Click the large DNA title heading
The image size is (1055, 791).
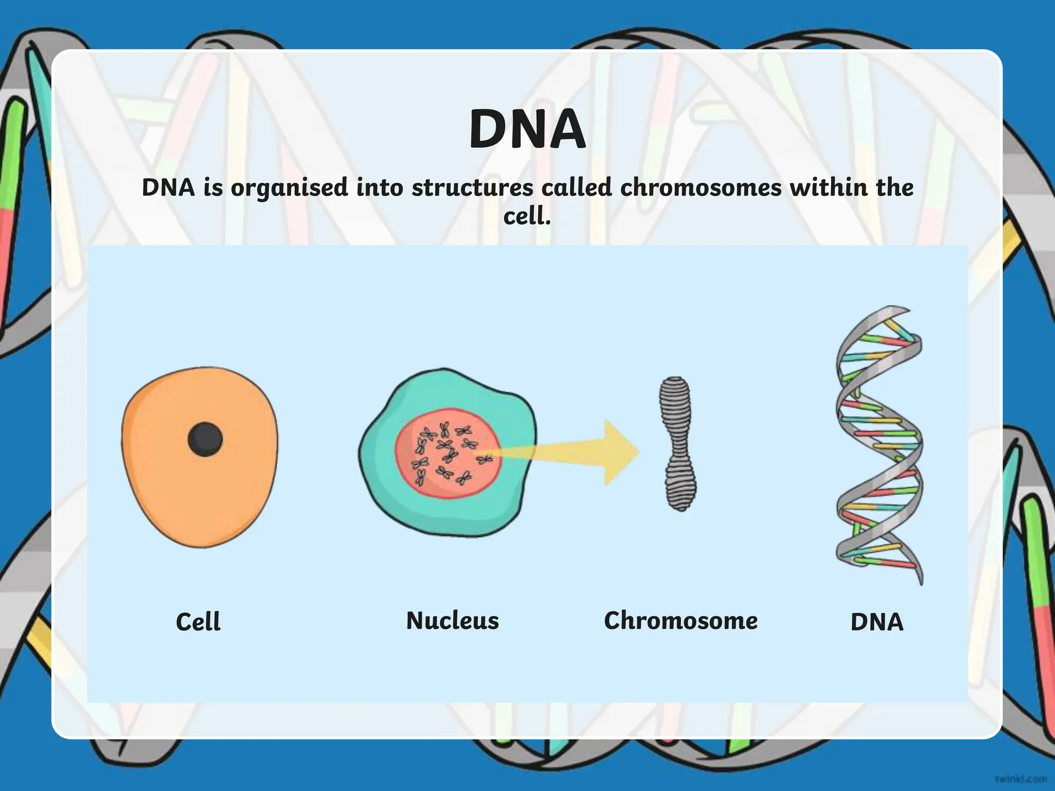tap(527, 129)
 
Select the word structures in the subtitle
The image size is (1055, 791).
tap(472, 187)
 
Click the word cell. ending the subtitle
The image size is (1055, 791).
tap(527, 216)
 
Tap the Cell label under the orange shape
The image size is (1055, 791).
tap(198, 622)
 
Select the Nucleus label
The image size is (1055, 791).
tap(452, 621)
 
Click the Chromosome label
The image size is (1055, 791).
tap(680, 621)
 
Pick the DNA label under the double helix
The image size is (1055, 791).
tap(877, 622)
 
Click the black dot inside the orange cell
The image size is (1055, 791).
tap(205, 439)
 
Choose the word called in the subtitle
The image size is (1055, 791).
tap(576, 187)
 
